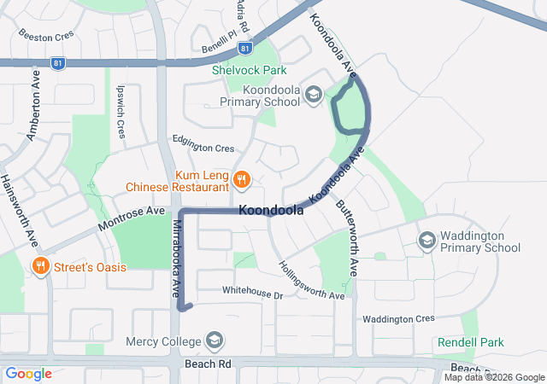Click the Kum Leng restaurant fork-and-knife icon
(242, 179)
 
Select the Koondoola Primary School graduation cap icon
(314, 95)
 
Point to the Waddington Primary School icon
(426, 241)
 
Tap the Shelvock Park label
(250, 71)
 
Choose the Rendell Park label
(470, 342)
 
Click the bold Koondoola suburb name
(272, 211)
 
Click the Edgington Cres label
(203, 148)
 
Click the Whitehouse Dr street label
(251, 293)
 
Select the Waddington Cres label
(398, 318)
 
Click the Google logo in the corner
(28, 373)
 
